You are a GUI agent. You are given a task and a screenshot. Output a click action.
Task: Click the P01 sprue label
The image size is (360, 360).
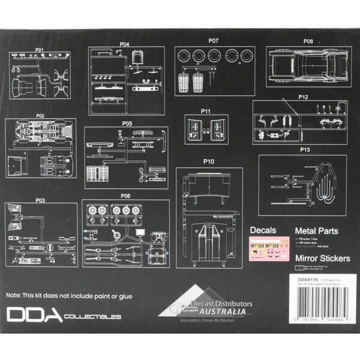coord(40,49)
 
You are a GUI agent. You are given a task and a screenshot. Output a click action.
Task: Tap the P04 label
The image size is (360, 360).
coord(125,44)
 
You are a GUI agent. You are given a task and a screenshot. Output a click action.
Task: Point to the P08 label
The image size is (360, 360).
coord(308,41)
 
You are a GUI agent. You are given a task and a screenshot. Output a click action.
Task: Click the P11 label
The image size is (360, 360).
coord(206,111)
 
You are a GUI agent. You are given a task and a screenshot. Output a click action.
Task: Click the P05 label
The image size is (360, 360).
coord(127,124)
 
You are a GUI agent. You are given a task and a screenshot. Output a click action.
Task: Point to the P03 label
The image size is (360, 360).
coord(40,200)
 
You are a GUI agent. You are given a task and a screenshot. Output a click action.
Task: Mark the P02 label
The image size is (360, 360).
coord(40,115)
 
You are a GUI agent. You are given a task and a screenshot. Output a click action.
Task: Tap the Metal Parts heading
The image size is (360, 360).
coord(317,230)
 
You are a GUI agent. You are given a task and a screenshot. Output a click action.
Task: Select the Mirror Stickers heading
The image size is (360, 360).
coord(322,259)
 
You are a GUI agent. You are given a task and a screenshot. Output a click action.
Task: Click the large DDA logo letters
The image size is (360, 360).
coord(35,316)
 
